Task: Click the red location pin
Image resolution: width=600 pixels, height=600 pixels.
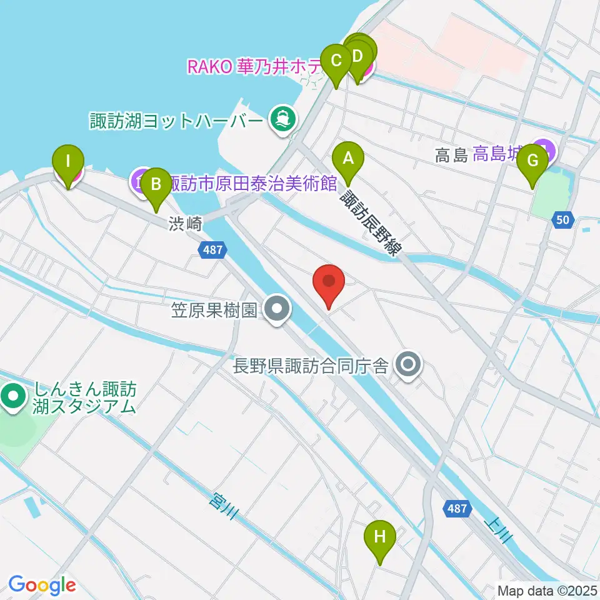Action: click(329, 284)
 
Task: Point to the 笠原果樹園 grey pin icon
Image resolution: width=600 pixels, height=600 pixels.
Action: click(276, 309)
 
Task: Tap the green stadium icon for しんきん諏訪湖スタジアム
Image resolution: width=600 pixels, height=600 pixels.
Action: click(13, 396)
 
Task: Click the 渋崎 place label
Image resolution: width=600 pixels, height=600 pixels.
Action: click(185, 224)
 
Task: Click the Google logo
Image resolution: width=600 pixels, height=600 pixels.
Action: click(42, 585)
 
